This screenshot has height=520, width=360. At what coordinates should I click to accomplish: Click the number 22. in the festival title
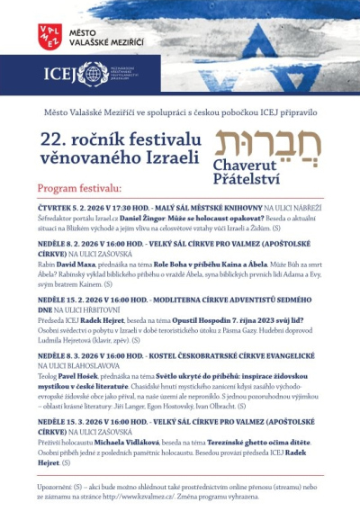coord(54,140)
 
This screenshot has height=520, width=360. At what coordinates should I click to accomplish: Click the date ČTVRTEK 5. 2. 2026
coord(71,208)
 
